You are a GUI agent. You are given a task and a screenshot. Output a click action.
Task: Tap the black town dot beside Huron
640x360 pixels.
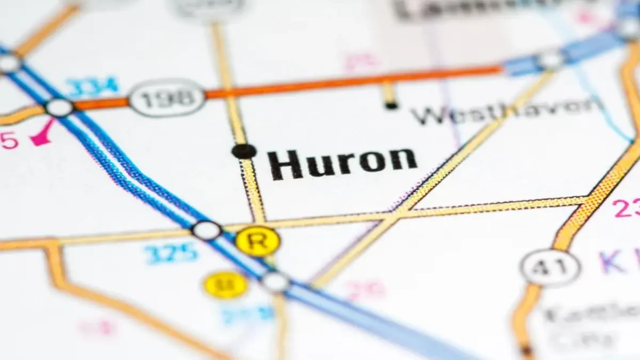(x=244, y=151)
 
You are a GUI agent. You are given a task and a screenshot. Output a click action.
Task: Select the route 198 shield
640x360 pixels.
(x=167, y=98)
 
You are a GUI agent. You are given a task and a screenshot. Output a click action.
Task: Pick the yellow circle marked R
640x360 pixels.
(x=258, y=241)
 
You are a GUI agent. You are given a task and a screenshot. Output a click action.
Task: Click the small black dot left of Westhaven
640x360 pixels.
(x=391, y=106)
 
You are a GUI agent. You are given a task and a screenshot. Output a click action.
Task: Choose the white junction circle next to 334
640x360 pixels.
(x=59, y=107)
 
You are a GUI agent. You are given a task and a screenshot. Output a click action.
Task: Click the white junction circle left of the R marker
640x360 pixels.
(x=206, y=230)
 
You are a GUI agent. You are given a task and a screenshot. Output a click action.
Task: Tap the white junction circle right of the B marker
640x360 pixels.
(x=276, y=282)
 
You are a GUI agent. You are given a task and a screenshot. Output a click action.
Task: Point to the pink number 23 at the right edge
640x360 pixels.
(x=626, y=208)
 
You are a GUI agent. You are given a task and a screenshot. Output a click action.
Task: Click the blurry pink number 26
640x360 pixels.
(x=365, y=290)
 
